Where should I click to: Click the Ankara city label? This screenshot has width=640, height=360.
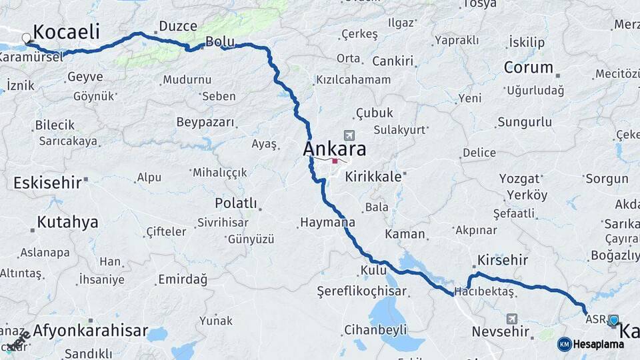[334, 149]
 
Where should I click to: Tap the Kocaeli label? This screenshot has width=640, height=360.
[66, 31]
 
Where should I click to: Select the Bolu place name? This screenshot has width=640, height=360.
[220, 41]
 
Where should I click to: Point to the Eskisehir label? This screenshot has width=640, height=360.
[47, 181]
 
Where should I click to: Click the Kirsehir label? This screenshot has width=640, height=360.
[503, 260]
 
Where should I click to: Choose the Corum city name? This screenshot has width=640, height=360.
[529, 67]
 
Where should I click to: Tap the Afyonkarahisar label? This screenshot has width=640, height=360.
[90, 330]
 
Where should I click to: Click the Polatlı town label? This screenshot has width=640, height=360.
[235, 203]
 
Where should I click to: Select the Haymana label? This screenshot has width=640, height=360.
[328, 222]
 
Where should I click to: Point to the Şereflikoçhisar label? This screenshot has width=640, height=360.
[361, 291]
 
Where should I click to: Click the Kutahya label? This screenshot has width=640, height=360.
[67, 222]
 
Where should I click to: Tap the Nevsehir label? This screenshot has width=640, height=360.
[501, 331]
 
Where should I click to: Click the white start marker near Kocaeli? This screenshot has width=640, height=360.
[27, 38]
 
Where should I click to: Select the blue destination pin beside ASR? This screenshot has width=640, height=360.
[613, 321]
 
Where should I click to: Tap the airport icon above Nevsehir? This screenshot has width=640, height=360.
[511, 319]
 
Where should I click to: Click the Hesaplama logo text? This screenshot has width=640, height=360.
[599, 344]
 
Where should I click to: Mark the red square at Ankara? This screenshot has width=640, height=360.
[335, 160]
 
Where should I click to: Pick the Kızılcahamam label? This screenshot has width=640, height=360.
[353, 79]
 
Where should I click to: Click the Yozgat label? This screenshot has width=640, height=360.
[519, 179]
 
